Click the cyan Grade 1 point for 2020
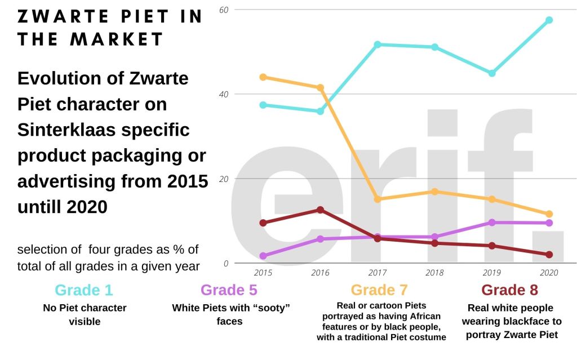549,20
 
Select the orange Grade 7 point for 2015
263,77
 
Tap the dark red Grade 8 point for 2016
320,210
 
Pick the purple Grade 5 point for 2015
263,256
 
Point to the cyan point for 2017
378,45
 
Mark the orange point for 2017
378,199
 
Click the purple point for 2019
492,223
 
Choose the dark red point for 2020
549,255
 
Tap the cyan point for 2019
492,73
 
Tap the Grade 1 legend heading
84,290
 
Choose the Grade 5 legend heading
229,290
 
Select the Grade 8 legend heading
510,290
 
